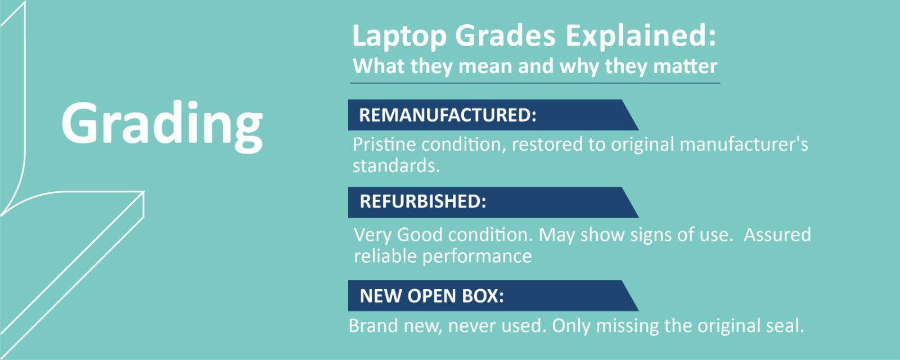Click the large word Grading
pos(162,126)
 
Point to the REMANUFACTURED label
pos(448,115)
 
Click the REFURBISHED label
pos(422,201)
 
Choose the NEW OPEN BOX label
pos(431,296)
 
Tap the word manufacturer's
pos(744,144)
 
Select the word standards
pos(396,166)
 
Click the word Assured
pos(777,235)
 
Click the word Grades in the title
pos(506,36)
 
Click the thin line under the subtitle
pos(535,83)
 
